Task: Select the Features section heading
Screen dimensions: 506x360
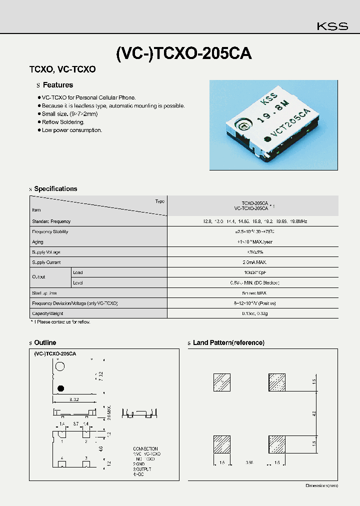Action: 57,85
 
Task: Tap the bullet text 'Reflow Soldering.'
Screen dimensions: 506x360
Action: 63,122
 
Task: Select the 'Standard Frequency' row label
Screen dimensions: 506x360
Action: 51,221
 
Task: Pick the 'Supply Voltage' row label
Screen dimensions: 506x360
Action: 46,252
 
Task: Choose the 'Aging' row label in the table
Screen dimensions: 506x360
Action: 37,242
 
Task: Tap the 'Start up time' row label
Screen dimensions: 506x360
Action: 44,293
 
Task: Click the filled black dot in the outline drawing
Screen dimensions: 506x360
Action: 60,388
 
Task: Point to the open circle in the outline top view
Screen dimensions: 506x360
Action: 60,366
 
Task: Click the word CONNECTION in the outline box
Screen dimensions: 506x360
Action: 145,449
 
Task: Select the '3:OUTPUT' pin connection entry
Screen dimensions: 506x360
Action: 142,469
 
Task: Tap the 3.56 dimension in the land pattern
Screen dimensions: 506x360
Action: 249,463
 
